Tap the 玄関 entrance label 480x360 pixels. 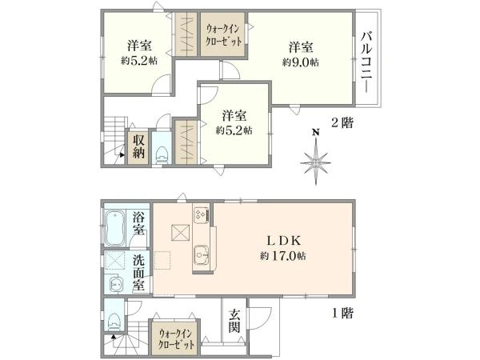click(x=234, y=319)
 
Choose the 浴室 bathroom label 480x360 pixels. click(x=139, y=223)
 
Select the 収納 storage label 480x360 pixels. click(x=138, y=146)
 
